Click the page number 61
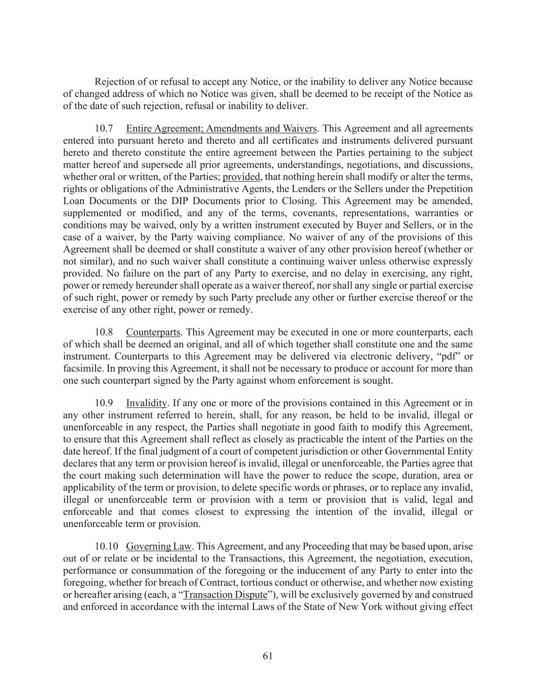[x=268, y=656]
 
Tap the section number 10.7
[x=104, y=128]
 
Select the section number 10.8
[x=104, y=332]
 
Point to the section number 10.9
[x=104, y=403]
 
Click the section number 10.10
[x=106, y=546]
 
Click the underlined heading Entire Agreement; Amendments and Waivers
[x=222, y=128]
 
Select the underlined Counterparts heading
[x=153, y=332]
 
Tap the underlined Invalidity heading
[x=146, y=403]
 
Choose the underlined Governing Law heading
[x=159, y=546]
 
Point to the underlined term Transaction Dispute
[x=225, y=595]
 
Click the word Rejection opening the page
[x=114, y=82]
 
